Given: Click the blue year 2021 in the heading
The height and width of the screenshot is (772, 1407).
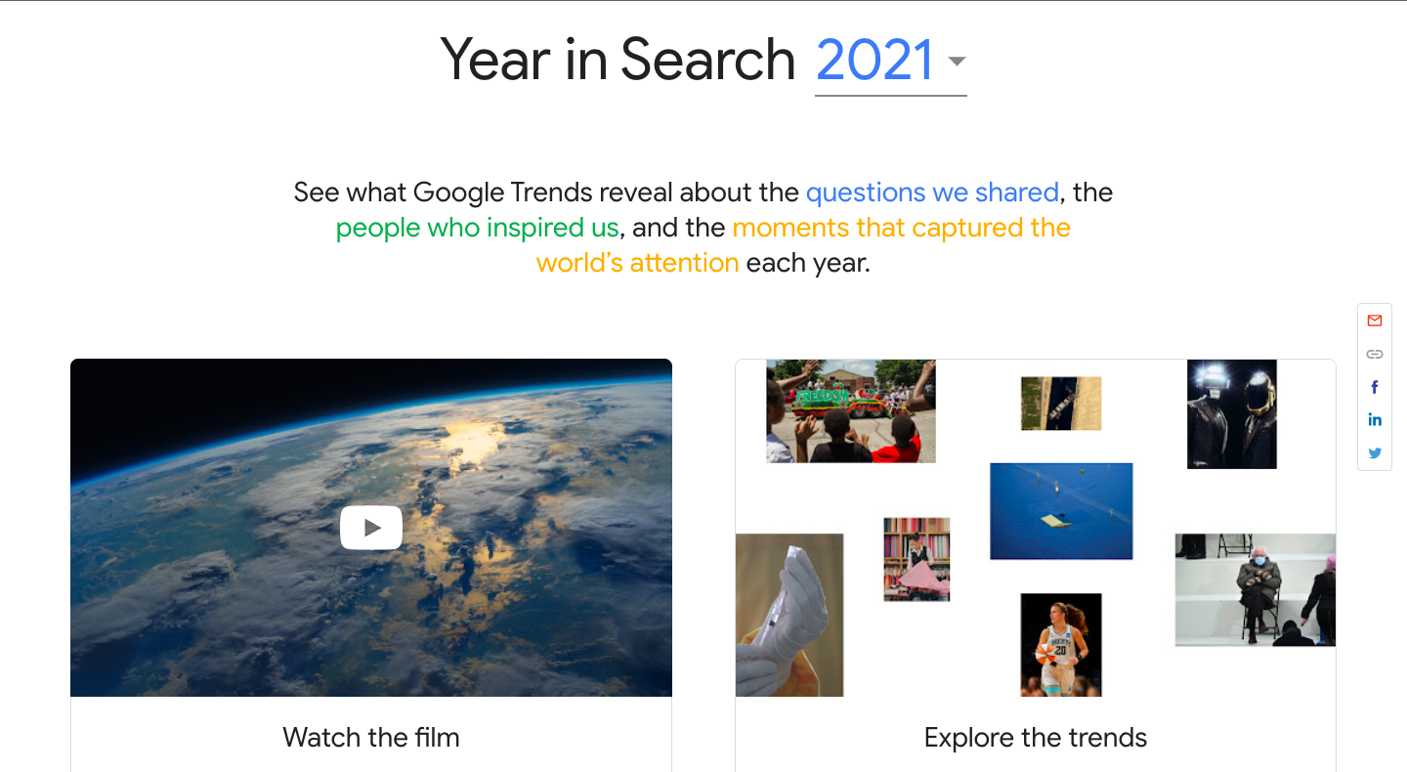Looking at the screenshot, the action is pos(874,60).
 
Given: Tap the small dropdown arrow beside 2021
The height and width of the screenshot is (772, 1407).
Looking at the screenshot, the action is pos(957,61).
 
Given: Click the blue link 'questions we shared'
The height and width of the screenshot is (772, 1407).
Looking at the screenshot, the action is pos(932,193).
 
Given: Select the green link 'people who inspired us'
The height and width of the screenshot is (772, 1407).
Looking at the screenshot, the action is pos(478,228).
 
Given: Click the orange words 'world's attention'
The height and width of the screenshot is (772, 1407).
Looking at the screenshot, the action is pos(637,263).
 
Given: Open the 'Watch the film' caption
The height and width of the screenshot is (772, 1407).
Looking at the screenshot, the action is pos(371,738).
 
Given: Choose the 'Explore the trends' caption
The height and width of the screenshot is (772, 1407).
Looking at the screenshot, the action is pos(1035,738).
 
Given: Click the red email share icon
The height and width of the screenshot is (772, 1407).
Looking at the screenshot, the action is pos(1375,321).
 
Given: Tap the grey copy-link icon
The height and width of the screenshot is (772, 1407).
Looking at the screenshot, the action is pos(1375,355).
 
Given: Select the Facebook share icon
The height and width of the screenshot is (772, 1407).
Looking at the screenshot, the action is pos(1375,387).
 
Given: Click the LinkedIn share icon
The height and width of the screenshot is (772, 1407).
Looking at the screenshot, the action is pos(1375,419).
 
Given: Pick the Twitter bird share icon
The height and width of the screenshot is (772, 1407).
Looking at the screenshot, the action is pos(1375,452).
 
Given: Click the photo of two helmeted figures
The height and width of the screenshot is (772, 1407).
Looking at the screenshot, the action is pos(1231,414).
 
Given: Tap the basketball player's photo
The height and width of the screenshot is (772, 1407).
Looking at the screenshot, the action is pos(1061,645).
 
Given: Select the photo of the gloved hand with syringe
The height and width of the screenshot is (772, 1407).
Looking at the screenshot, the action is pos(789,615).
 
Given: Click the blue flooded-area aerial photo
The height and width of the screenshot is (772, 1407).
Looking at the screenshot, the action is pos(1061,511).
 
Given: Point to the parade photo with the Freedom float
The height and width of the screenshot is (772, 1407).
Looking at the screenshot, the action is pos(850,411).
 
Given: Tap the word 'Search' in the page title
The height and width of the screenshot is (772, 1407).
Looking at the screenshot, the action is pos(707,60).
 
